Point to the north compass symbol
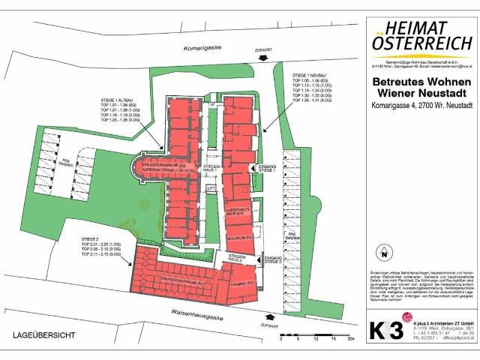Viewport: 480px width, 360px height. click(383, 252)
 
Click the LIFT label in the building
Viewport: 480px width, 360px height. click(211, 187)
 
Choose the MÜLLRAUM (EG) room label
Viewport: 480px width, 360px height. click(238, 236)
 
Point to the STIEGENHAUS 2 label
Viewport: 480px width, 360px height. click(235, 256)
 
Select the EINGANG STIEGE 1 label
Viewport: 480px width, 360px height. click(267, 168)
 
